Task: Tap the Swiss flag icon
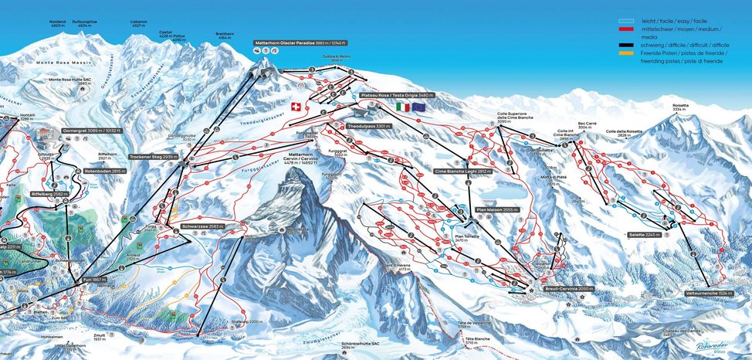click(x=293, y=106)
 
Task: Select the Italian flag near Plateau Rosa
click(x=402, y=107)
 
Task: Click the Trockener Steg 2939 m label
click(x=154, y=156)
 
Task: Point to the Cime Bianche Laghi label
click(x=463, y=171)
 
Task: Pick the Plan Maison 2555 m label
click(x=493, y=209)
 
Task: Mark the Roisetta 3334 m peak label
click(x=679, y=108)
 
